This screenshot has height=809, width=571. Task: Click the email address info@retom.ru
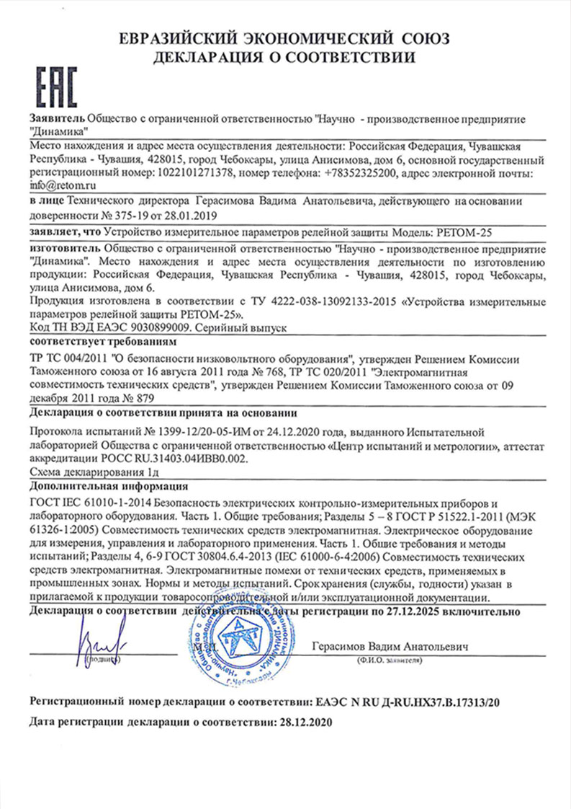(58, 185)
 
